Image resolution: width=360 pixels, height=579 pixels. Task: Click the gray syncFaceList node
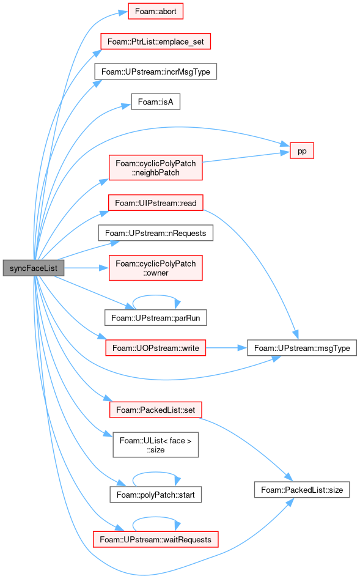[33, 268]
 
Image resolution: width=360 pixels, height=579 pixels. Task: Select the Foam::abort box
[155, 11]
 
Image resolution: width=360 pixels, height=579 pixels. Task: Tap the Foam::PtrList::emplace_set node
[155, 42]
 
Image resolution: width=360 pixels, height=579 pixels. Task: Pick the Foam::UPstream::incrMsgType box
[155, 72]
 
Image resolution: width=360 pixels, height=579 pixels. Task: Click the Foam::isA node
[155, 101]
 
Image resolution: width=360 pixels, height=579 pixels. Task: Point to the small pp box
[302, 150]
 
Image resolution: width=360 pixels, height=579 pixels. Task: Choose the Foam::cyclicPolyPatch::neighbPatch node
[155, 168]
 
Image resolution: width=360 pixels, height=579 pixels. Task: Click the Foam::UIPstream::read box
[155, 203]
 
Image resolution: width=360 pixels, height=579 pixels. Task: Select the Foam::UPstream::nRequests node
[155, 233]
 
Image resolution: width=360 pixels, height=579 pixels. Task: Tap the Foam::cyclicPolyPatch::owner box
[155, 268]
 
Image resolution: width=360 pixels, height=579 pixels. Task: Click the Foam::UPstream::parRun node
[155, 317]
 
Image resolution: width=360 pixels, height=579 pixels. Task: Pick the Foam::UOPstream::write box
[155, 348]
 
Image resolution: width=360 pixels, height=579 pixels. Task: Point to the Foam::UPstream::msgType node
[302, 348]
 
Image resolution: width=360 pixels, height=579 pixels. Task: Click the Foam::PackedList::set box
[155, 410]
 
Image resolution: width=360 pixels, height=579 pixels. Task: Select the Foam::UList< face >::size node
[155, 445]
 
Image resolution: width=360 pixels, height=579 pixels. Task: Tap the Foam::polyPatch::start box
[155, 495]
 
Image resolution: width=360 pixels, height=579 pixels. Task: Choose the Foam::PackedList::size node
[302, 490]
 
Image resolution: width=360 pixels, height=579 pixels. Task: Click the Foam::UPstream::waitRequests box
[155, 539]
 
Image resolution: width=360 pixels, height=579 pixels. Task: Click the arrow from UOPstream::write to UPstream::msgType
[226, 348]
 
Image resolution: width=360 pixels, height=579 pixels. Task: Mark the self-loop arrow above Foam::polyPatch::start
[155, 472]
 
